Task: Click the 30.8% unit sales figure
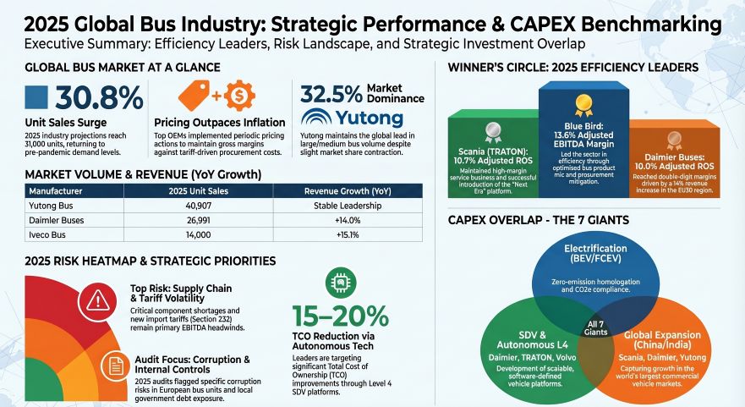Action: (x=99, y=98)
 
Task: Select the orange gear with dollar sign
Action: (x=238, y=95)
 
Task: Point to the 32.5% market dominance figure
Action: (x=330, y=94)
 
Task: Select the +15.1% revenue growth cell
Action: (x=348, y=234)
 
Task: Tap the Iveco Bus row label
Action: (x=48, y=234)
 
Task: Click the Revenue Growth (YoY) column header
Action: (x=347, y=190)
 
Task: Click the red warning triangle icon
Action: (x=101, y=299)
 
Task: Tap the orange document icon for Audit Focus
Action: (x=113, y=366)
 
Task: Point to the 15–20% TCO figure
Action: (x=340, y=316)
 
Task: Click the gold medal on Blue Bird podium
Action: (x=583, y=104)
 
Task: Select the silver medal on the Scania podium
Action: (x=492, y=133)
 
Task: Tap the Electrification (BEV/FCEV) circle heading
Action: (x=594, y=254)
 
